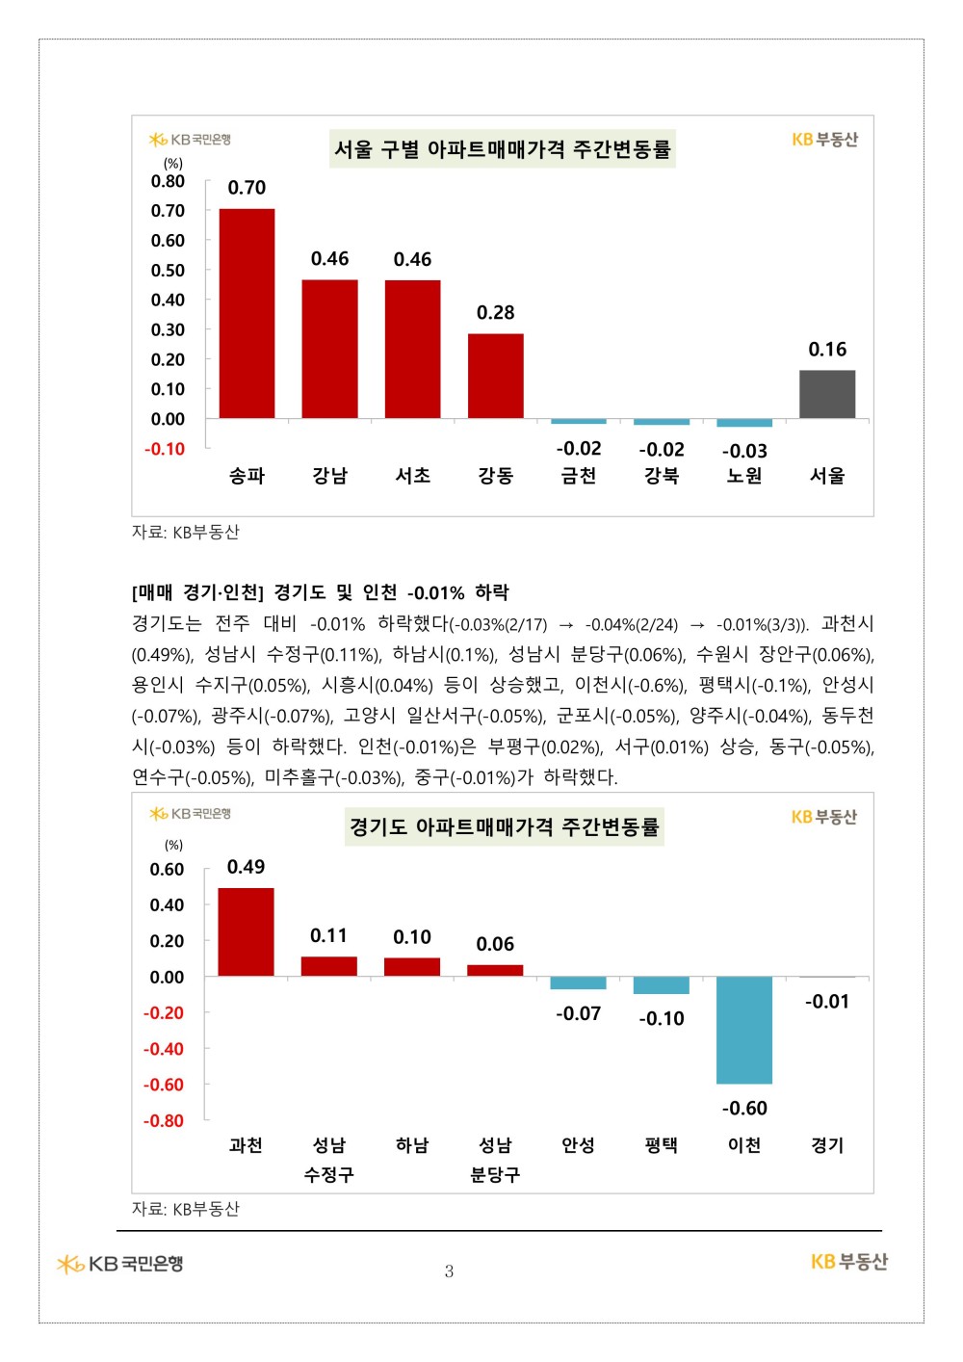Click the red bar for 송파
point(247,313)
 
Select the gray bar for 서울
point(827,394)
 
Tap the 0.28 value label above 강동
point(495,313)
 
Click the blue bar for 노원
point(744,423)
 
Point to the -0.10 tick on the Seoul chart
point(165,449)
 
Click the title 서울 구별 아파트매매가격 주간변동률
point(502,149)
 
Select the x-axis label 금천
point(579,476)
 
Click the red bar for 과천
point(246,931)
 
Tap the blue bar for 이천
point(744,1030)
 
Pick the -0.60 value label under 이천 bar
point(744,1109)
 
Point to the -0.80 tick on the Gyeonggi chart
point(164,1121)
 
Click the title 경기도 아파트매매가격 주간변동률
point(505,826)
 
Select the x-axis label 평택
point(662,1145)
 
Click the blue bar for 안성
point(578,983)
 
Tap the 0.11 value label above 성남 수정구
point(328,936)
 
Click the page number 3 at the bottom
point(449,1271)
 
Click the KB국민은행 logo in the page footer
point(120,1264)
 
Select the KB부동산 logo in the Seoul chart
point(824,140)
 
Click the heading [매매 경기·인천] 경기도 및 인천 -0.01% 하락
point(321,592)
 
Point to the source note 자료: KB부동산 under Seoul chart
point(186,533)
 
